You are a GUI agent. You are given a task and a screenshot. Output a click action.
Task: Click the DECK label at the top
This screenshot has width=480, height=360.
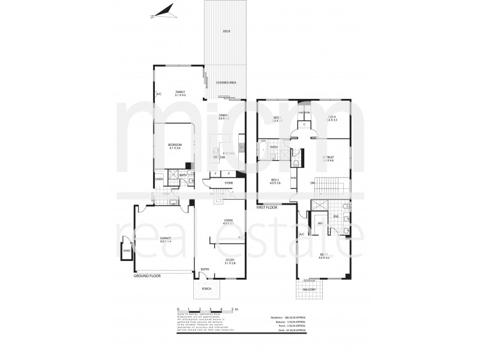tap(226, 31)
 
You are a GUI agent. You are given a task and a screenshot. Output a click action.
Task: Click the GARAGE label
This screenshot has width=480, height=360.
tap(166, 238)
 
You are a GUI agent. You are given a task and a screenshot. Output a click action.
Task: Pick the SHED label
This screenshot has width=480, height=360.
tap(127, 251)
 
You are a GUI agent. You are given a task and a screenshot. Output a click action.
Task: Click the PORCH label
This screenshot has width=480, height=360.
tap(207, 287)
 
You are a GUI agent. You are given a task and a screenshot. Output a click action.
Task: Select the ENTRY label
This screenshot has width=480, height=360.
tap(205, 269)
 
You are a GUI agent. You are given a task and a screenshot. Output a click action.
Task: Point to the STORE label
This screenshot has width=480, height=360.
tap(229, 182)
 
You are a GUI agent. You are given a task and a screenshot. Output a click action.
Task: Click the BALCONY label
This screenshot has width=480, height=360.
tap(310, 289)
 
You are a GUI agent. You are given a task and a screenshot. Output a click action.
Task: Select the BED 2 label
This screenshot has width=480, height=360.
tap(276, 180)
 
